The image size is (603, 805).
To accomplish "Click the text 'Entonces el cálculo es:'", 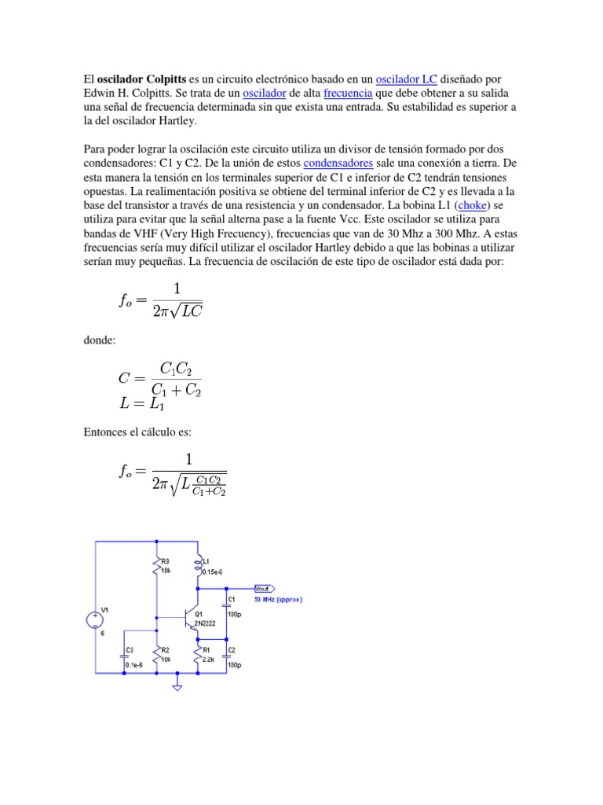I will pos(137,432).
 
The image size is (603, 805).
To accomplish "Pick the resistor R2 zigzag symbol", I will pos(157,655).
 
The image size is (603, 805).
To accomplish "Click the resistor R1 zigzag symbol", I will pos(198,655).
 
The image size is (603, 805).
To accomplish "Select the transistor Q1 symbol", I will pos(192,618).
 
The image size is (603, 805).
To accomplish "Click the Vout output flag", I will pos(262,588).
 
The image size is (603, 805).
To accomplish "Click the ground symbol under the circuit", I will pos(177,688).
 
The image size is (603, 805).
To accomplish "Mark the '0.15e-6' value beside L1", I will pos(214,573).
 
